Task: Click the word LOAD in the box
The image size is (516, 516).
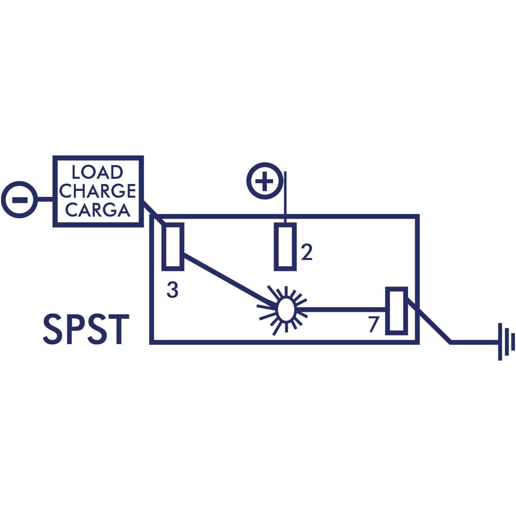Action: coord(97,172)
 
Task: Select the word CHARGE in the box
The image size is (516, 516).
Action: coord(97,191)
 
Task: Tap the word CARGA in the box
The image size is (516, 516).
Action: coord(98,210)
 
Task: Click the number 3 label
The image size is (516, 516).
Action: coord(173,290)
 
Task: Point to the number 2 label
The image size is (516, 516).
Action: coord(306,253)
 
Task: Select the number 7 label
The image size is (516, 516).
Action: coord(373,324)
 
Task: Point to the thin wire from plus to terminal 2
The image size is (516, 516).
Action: coord(285,198)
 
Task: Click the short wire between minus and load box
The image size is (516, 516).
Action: coord(45,199)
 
